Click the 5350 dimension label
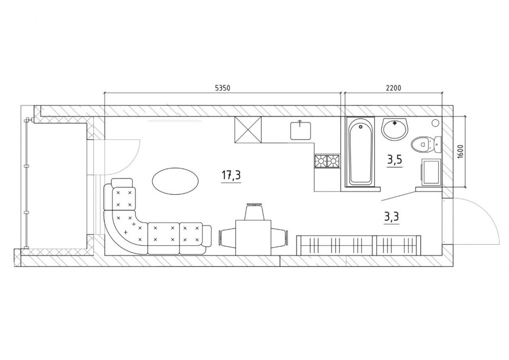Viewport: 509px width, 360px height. click(223, 88)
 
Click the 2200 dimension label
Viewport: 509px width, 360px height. click(393, 88)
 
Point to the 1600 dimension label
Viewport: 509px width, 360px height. click(460, 152)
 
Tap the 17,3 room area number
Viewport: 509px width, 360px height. click(231, 175)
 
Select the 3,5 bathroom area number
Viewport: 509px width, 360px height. click(395, 160)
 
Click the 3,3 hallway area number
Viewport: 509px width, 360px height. click(392, 217)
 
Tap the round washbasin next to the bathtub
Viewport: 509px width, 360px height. click(395, 129)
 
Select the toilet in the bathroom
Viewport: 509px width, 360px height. click(426, 144)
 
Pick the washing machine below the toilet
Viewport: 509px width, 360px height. click(431, 171)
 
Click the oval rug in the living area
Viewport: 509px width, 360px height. click(175, 181)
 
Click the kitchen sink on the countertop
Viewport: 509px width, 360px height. click(301, 131)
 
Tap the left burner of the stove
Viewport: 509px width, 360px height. click(321, 161)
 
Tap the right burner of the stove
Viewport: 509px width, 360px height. click(333, 161)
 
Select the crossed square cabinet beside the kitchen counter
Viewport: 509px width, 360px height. click(248, 129)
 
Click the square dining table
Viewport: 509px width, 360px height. click(253, 237)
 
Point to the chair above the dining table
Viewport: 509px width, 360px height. click(254, 212)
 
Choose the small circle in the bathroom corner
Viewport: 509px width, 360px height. click(436, 123)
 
